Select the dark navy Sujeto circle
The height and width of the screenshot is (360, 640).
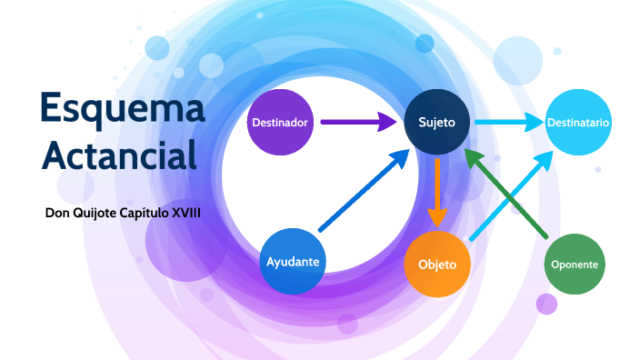[438, 122]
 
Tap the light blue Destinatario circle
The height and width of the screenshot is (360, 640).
[578, 122]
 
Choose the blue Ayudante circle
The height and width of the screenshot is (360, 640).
[293, 261]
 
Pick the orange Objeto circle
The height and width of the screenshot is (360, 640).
[437, 265]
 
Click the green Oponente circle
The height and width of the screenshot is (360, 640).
[575, 265]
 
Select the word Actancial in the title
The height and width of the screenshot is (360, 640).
[119, 155]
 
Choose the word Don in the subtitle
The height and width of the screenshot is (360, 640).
[57, 213]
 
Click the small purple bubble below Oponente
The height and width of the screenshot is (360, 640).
[546, 304]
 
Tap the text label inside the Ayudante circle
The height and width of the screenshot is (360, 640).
[293, 262]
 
